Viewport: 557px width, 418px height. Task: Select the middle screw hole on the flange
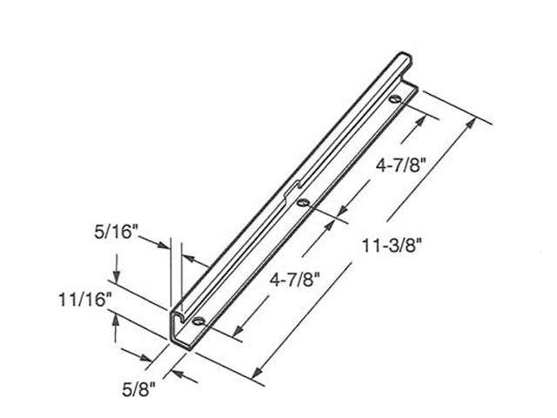[302, 203]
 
